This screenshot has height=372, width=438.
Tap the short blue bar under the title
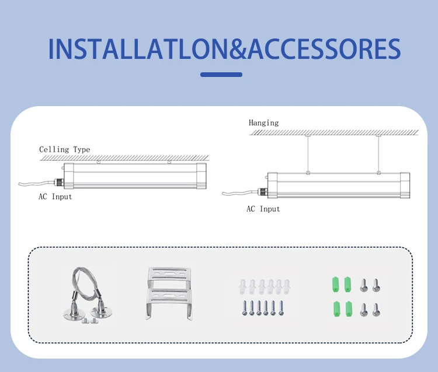point(221,75)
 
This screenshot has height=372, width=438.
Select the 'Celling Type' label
point(64,150)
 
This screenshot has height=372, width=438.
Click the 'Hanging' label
point(263,123)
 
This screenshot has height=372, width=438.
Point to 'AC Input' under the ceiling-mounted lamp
point(55,197)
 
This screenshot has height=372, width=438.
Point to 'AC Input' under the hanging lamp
point(263,209)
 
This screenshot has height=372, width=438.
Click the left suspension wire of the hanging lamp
point(308,154)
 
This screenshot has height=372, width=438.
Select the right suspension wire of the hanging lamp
point(378,154)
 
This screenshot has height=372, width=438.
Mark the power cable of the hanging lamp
point(239,192)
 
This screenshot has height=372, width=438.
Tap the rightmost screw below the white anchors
point(281,308)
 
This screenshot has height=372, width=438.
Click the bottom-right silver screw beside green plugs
point(376,309)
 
